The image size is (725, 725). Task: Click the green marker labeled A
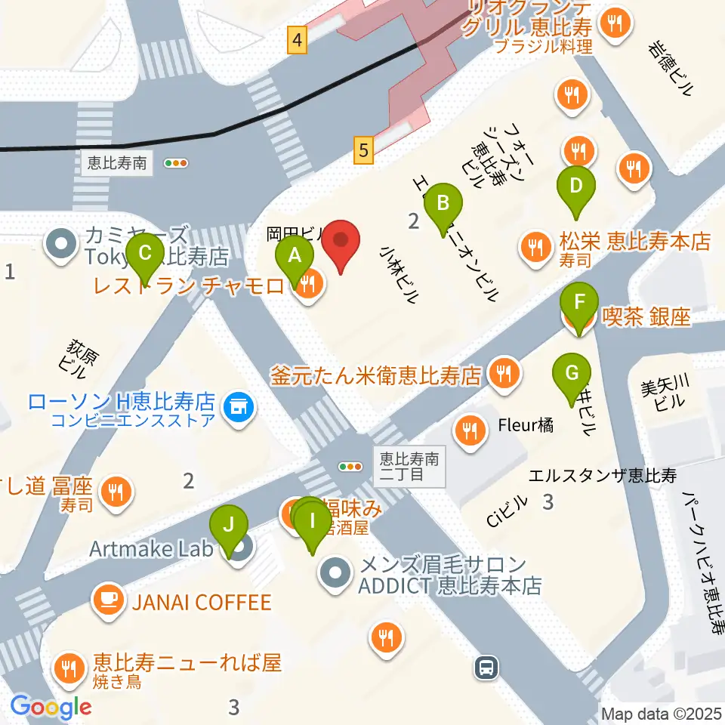295,255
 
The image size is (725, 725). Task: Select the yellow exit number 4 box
298,40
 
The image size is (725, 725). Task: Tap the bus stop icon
487,667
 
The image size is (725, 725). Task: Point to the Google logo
51,708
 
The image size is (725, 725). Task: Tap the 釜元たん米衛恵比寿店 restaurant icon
502,372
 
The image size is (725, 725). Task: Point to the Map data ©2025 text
662,713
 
